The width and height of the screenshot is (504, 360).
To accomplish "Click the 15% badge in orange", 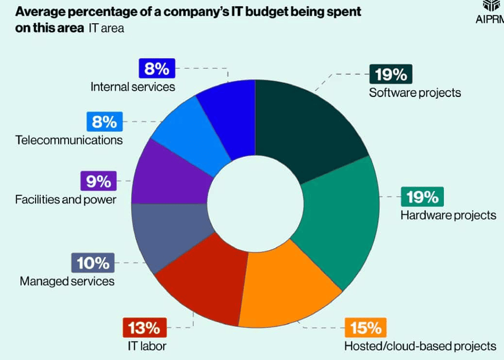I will (x=367, y=327).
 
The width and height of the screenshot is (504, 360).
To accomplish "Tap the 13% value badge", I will (x=144, y=327).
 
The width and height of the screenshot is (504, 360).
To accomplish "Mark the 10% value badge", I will (x=93, y=263).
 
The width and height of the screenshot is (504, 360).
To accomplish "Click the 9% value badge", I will (x=99, y=182).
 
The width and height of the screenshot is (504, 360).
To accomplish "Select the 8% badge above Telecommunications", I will (x=104, y=122).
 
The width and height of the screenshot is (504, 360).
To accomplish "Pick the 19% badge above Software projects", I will (x=391, y=74).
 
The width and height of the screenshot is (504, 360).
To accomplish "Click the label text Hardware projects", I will (x=448, y=215).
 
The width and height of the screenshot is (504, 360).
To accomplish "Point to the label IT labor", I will (x=144, y=346).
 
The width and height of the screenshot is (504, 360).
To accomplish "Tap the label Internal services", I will (x=133, y=87).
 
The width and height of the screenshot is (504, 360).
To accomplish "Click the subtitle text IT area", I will (x=106, y=29).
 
